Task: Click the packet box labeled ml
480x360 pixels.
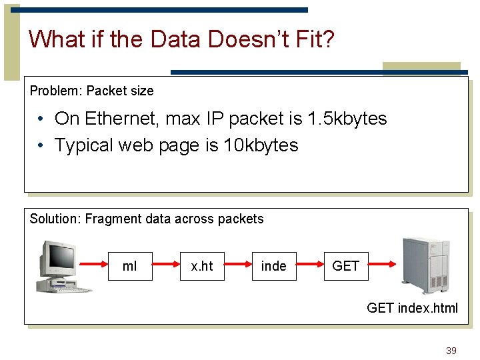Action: pos(131,266)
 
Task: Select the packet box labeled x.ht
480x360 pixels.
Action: pos(202,266)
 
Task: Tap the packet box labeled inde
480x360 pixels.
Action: pos(274,266)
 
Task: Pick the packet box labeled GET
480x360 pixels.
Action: pos(345,266)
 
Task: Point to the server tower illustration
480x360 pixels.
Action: pos(425,265)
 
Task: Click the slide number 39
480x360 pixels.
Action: pos(451,351)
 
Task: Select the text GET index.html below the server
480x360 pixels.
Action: pos(412,307)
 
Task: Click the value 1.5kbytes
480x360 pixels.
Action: pos(347,119)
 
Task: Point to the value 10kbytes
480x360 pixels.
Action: pos(261,145)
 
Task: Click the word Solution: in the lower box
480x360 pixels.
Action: pos(56,219)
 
